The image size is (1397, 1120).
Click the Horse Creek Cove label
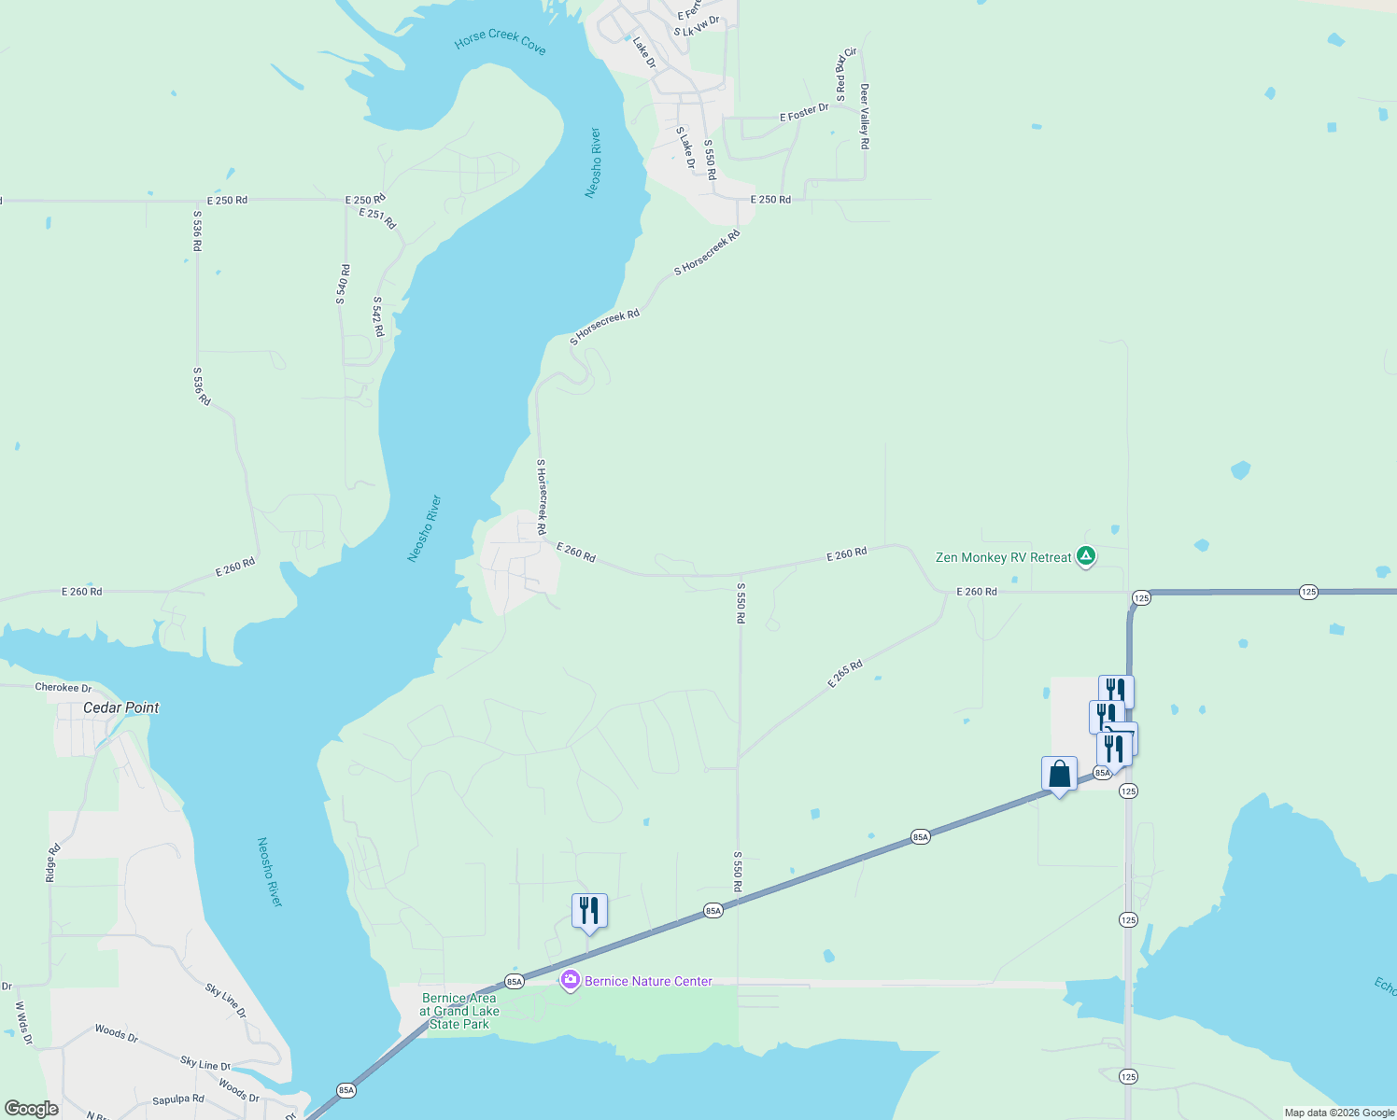pos(500,41)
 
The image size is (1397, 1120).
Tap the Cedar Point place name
pos(121,707)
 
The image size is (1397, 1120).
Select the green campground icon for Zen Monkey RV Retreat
pos(1085,556)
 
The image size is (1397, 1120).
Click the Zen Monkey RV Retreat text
pos(1003,557)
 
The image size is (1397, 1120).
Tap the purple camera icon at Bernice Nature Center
pos(571,981)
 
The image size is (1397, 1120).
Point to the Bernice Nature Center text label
pos(648,981)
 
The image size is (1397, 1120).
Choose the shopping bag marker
pos(1059,775)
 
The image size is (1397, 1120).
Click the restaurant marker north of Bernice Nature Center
pos(589,910)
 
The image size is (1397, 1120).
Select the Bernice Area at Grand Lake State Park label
pos(459,1011)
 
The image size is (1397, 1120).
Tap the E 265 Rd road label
pos(845,674)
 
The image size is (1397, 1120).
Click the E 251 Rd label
pos(377,217)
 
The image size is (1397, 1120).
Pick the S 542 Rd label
pos(378,317)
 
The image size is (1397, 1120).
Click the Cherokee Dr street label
pos(63,688)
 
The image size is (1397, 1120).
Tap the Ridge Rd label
pos(53,863)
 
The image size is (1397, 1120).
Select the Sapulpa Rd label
pos(178,1099)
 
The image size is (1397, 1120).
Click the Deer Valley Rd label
pos(865,117)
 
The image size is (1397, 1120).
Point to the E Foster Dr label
pos(804,113)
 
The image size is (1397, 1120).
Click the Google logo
pos(31,1109)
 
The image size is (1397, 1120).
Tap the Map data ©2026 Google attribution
pos(1339,1113)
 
